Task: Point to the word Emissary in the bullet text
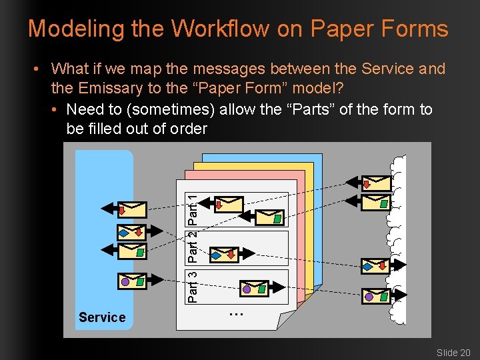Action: pos(109,88)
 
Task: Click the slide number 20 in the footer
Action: pos(464,353)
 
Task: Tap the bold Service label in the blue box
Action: pos(102,317)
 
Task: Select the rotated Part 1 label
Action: pos(192,209)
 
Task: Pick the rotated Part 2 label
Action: pos(192,245)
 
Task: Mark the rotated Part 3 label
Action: pos(192,285)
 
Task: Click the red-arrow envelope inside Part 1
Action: pos(229,203)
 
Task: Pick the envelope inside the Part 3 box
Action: pos(254,288)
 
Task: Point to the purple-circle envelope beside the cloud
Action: pos(376,295)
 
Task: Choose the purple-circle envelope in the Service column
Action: pos(131,282)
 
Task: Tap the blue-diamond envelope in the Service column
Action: pos(131,231)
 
